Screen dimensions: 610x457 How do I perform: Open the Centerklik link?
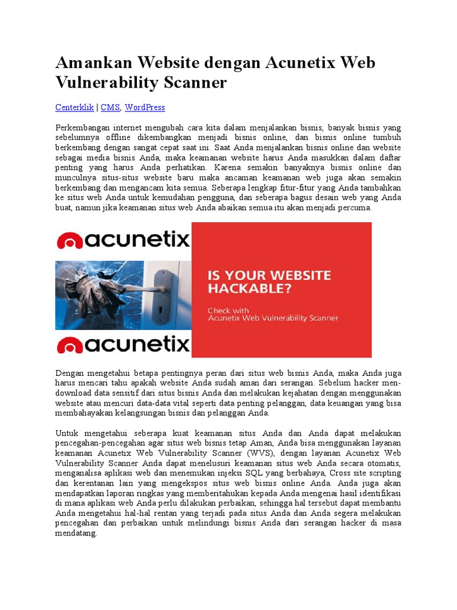click(x=74, y=107)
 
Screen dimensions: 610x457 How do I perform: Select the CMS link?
click(x=110, y=107)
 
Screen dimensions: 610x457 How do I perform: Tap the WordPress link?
click(x=145, y=107)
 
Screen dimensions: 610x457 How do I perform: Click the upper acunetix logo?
click(x=123, y=240)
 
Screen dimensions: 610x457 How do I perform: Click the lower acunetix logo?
click(x=123, y=344)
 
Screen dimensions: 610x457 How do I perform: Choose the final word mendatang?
click(x=76, y=534)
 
